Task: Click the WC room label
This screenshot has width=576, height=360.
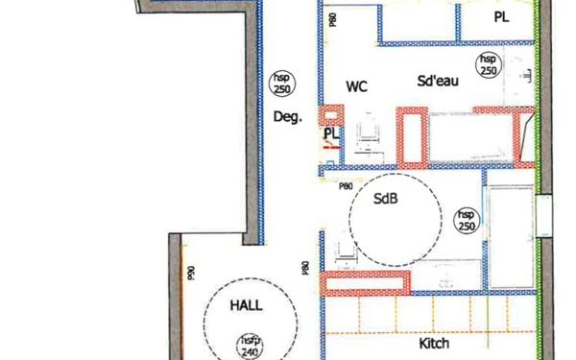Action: [357, 86]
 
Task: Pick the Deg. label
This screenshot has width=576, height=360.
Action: [288, 117]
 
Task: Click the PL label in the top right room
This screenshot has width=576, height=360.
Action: [502, 16]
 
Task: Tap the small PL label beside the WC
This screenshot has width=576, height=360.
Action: [330, 133]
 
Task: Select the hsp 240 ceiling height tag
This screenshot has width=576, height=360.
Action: [250, 347]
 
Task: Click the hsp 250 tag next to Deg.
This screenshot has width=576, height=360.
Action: [281, 84]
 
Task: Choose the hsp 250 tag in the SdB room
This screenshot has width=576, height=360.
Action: [466, 220]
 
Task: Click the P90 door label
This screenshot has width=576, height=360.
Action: [191, 273]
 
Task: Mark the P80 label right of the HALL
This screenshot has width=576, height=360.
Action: [305, 268]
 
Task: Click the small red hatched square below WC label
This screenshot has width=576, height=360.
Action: [330, 113]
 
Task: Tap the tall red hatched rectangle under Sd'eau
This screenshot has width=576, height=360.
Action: [414, 136]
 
